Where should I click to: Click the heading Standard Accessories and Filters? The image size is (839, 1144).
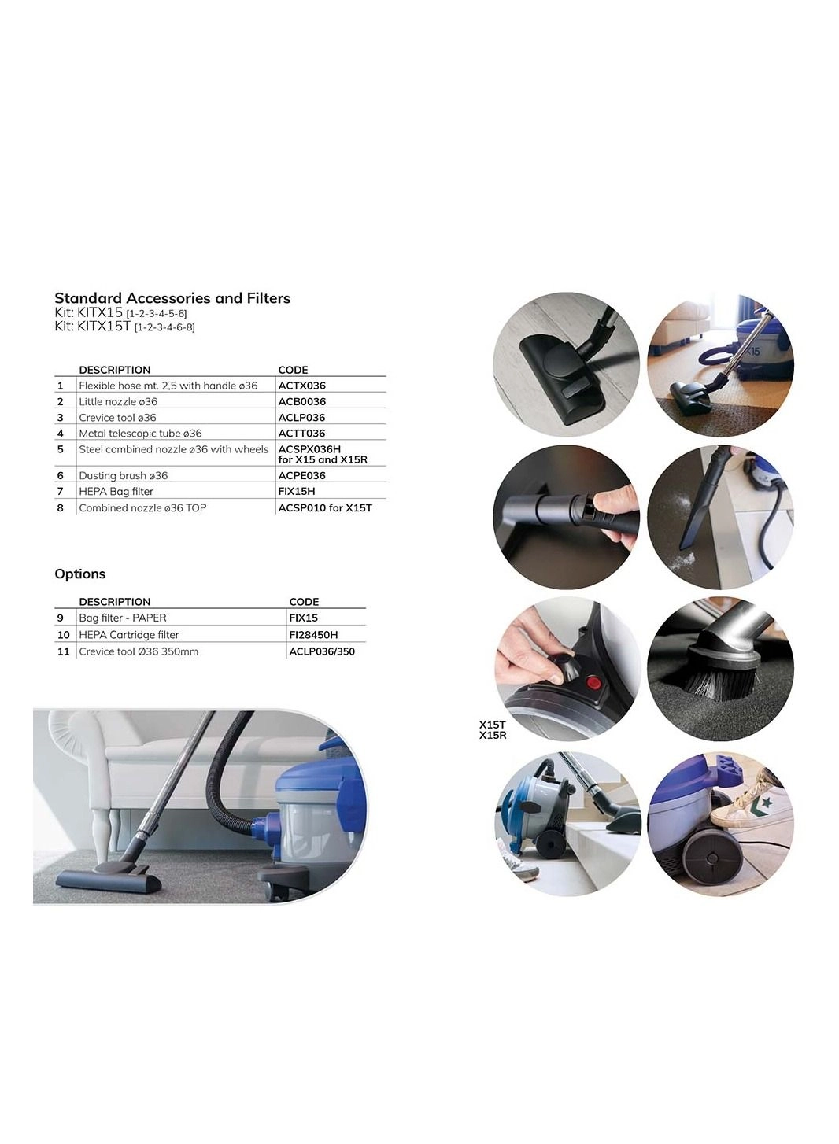coord(172,298)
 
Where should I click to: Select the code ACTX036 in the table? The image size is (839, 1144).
coord(301,386)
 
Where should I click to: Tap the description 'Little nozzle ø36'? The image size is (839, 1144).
coord(118,401)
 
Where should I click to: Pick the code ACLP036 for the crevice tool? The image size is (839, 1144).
coord(301,418)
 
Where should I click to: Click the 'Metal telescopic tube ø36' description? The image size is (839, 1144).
coord(140,434)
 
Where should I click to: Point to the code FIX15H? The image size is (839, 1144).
coord(296,491)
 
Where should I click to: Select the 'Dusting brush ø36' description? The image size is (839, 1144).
coord(123,475)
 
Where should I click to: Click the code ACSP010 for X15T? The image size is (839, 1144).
coord(324,508)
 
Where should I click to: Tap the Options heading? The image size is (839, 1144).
coord(79,574)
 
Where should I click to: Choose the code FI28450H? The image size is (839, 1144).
coord(313,635)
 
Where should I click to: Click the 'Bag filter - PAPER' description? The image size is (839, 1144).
coord(123,618)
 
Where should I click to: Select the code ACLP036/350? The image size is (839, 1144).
coord(321,651)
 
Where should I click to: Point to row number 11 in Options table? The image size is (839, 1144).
coord(64,651)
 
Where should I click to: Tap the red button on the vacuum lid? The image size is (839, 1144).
coord(593,682)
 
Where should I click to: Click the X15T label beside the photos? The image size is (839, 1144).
coord(492,725)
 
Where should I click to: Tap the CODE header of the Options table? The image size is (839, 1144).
coord(304,602)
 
